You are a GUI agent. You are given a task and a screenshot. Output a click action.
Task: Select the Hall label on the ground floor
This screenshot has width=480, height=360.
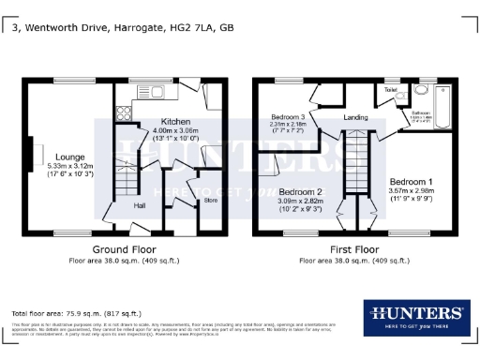coord(139,204)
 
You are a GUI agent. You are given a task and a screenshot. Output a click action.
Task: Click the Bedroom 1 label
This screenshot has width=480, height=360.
coord(412,181)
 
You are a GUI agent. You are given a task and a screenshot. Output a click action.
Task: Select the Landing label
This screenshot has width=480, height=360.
coord(355,117)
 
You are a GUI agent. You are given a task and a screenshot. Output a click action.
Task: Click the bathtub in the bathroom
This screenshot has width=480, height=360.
coord(442,104)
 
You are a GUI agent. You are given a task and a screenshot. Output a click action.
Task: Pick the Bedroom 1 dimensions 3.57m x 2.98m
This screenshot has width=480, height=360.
coord(412,191)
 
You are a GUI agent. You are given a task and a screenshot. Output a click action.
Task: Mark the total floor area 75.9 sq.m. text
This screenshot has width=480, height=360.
coord(76,311)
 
